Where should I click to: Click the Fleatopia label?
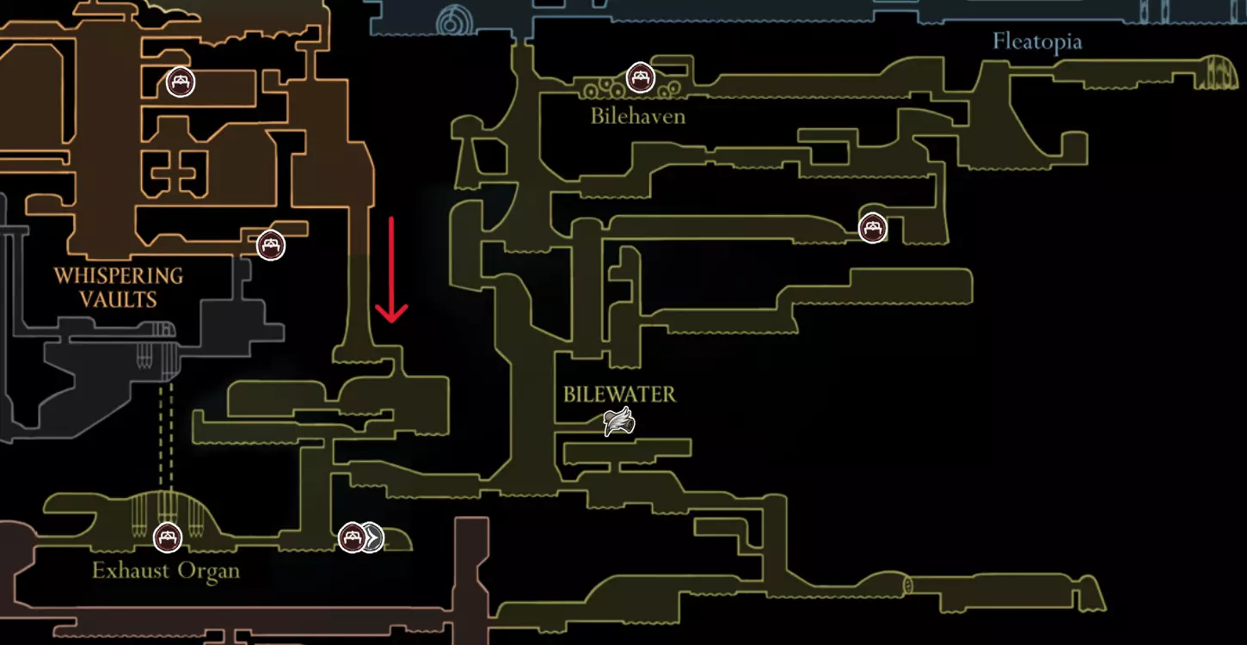1037,42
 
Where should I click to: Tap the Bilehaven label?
638,116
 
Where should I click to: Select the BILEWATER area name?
619,395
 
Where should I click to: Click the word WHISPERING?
118,276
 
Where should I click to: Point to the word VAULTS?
118,300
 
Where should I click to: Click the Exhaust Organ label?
166,571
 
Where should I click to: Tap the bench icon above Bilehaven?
640,77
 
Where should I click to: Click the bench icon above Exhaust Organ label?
168,537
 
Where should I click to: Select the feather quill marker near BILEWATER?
619,421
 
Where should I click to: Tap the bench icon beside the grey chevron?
352,537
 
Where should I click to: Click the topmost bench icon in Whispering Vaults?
181,83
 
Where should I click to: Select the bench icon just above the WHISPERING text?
271,245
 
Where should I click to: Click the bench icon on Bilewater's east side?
872,228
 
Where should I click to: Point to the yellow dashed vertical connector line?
165,436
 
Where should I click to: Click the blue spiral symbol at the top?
454,22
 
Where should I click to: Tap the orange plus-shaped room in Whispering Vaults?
178,173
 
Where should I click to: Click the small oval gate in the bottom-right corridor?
907,586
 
